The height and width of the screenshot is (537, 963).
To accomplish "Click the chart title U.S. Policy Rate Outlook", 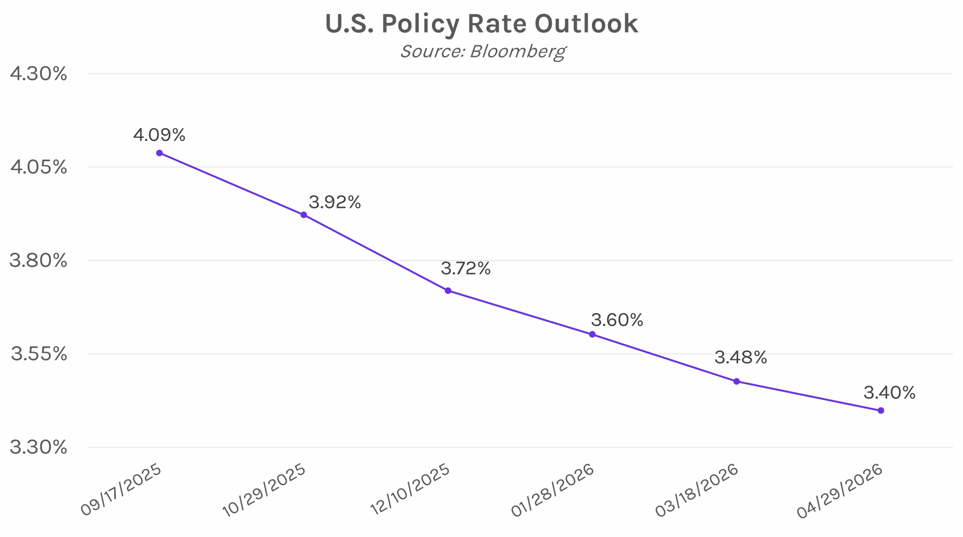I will (x=481, y=24).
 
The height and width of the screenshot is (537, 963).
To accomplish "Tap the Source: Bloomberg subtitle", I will (x=483, y=52).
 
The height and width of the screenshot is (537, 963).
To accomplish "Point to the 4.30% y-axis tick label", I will (x=38, y=74).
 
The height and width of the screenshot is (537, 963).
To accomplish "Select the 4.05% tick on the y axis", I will (x=38, y=167).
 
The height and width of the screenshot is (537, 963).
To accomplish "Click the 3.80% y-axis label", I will (x=38, y=260).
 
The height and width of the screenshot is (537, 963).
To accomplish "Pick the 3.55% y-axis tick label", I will (x=38, y=354).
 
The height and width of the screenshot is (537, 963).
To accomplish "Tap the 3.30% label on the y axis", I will (x=38, y=447).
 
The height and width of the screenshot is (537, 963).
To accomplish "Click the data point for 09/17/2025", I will (x=159, y=153).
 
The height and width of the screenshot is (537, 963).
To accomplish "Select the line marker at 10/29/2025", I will (x=304, y=215).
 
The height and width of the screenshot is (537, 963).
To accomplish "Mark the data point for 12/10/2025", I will (x=448, y=291).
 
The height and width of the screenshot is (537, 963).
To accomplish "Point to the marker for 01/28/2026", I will (x=592, y=334).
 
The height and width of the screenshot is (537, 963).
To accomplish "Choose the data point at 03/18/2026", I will (x=737, y=381).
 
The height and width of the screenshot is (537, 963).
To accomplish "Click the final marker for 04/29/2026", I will (x=881, y=411).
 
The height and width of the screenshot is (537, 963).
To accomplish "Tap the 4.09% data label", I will (x=159, y=135).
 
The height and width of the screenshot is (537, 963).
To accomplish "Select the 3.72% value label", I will (x=466, y=269).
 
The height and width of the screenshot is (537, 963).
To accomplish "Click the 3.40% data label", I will (x=889, y=393).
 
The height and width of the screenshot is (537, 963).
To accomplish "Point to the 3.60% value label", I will (x=617, y=320).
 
